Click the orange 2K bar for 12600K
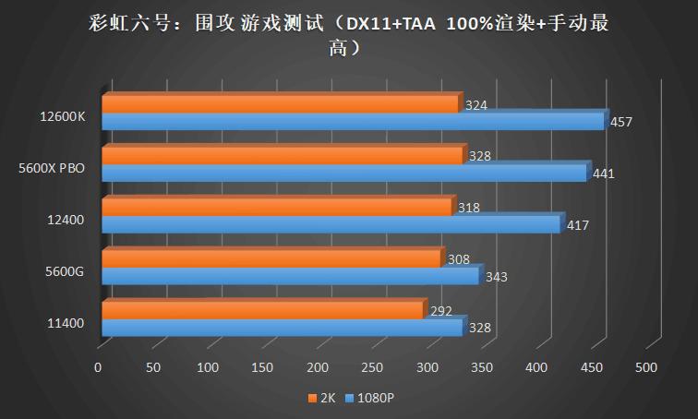click(280, 105)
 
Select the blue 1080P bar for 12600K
click(352, 122)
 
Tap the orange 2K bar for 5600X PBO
click(282, 157)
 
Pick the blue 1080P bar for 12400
click(331, 224)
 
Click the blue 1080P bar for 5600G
click(290, 276)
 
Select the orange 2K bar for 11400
click(262, 311)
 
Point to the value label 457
click(621, 122)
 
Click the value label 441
click(604, 173)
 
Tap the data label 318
click(469, 208)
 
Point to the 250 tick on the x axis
click(372, 367)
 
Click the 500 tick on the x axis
click(646, 367)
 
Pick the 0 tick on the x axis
click(98, 367)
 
